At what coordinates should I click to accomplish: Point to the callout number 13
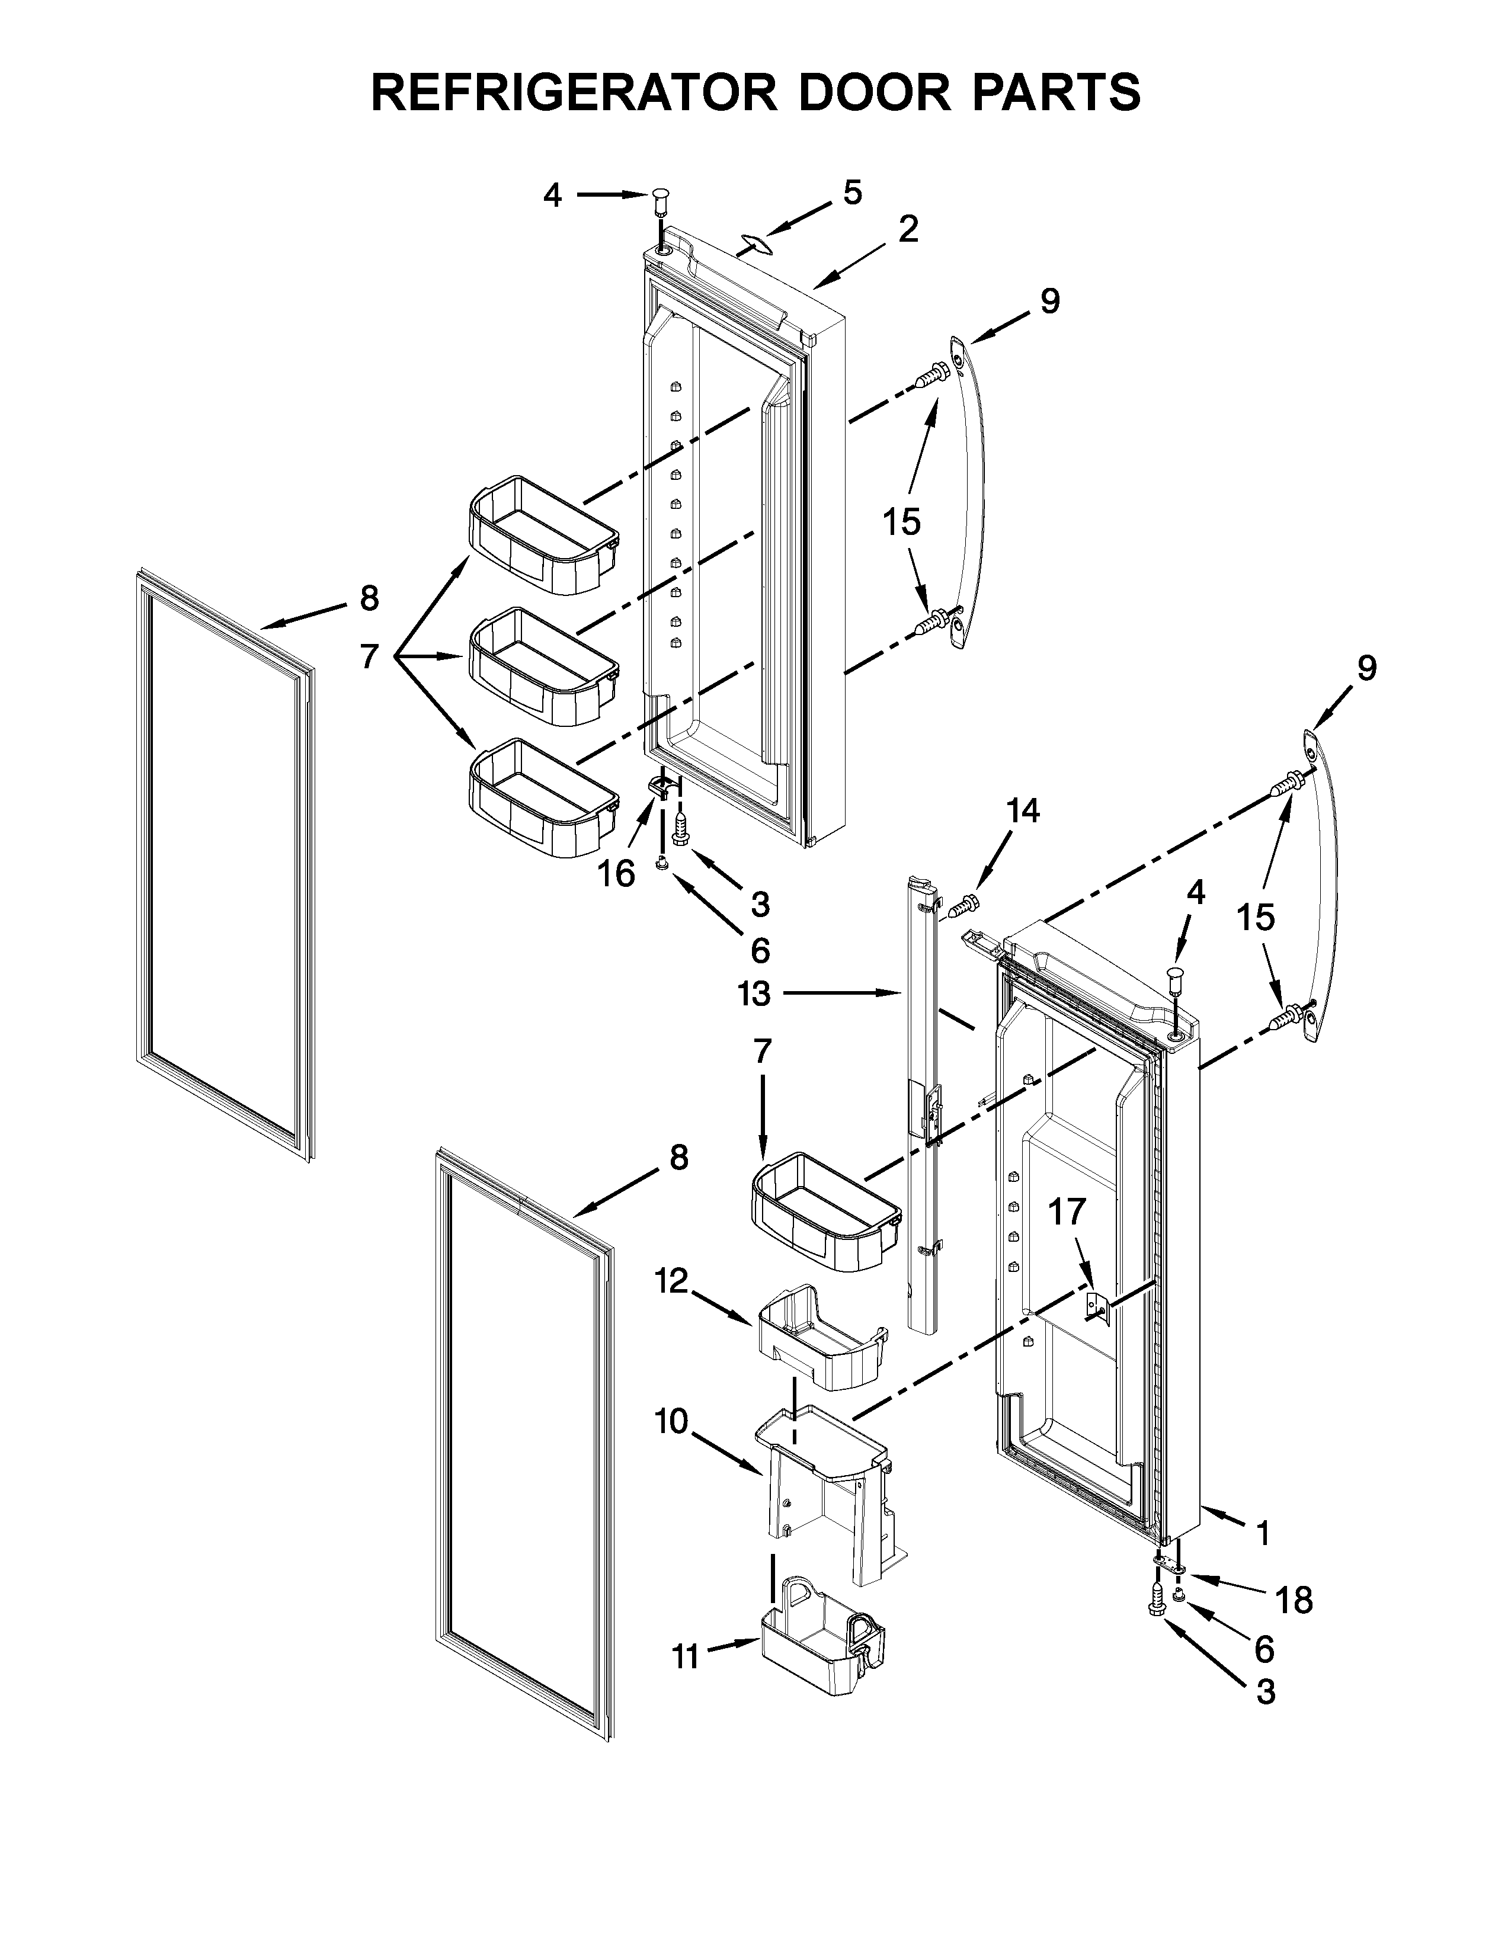[754, 993]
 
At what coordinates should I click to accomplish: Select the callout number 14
[1023, 811]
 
